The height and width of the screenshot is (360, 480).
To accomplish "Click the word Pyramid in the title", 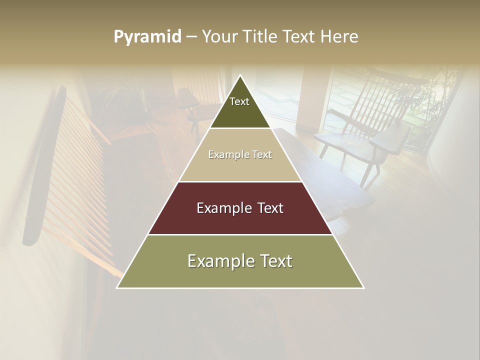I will [x=147, y=37].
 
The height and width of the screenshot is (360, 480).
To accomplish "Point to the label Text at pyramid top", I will [x=239, y=101].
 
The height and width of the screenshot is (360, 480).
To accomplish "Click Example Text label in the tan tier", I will [x=240, y=154].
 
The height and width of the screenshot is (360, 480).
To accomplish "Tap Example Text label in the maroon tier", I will [x=240, y=208].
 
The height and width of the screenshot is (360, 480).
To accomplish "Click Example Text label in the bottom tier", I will [x=240, y=261].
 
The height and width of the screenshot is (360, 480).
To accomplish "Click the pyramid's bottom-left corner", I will [x=117, y=287].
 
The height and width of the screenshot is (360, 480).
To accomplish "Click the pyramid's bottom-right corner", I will [x=363, y=287].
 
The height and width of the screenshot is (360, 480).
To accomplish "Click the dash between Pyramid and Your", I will [x=191, y=37].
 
